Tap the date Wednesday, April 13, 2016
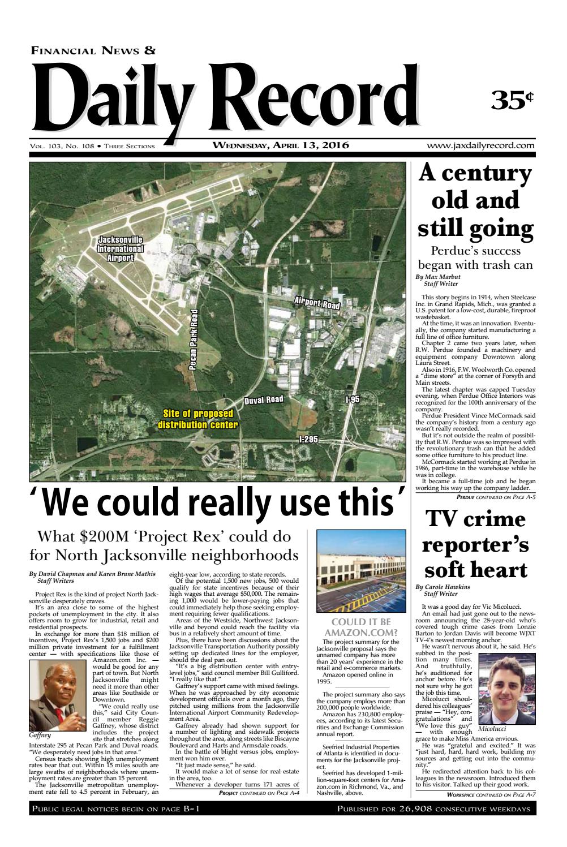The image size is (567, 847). pos(281,145)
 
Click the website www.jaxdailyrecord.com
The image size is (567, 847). pos(481,146)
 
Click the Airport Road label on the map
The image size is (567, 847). pos(317,302)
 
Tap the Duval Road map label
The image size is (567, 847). pos(264,401)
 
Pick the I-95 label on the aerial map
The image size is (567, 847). pos(353,399)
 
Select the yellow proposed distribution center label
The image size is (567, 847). pos(197,419)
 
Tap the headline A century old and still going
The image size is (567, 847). pos(476,201)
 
